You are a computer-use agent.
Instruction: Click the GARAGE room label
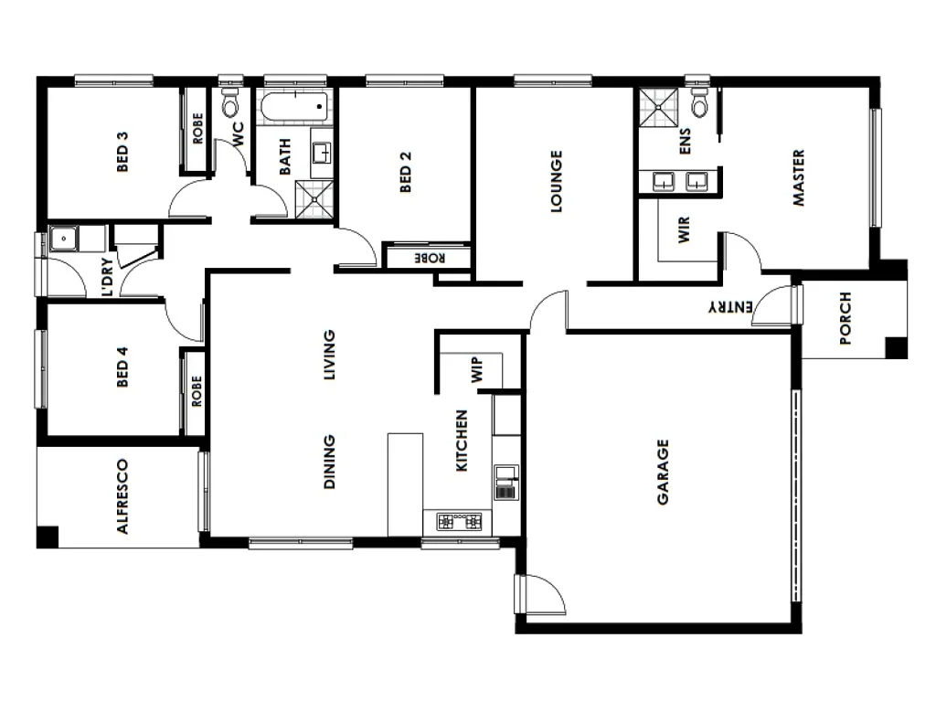click(x=663, y=473)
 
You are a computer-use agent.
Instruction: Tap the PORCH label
click(x=846, y=318)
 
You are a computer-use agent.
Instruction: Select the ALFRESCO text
click(x=122, y=496)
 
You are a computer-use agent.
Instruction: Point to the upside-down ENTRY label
click(x=730, y=307)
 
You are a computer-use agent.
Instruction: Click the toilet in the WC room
click(x=229, y=103)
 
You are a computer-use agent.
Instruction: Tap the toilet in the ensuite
click(x=699, y=102)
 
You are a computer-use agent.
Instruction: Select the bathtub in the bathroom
click(x=295, y=108)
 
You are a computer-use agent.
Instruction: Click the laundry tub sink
click(x=63, y=239)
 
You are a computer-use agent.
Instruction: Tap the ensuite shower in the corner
click(x=658, y=108)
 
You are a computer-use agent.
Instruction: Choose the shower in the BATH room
click(x=314, y=199)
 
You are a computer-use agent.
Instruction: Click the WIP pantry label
click(x=477, y=369)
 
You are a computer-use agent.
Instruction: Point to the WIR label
click(x=684, y=229)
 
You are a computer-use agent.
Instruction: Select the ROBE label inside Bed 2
click(x=430, y=259)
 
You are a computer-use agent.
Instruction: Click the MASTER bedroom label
click(x=798, y=178)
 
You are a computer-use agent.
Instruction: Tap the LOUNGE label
click(x=556, y=181)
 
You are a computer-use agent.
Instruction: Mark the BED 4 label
click(x=122, y=367)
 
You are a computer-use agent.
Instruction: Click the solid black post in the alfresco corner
click(x=48, y=537)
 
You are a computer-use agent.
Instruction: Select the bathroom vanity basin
click(x=323, y=153)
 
